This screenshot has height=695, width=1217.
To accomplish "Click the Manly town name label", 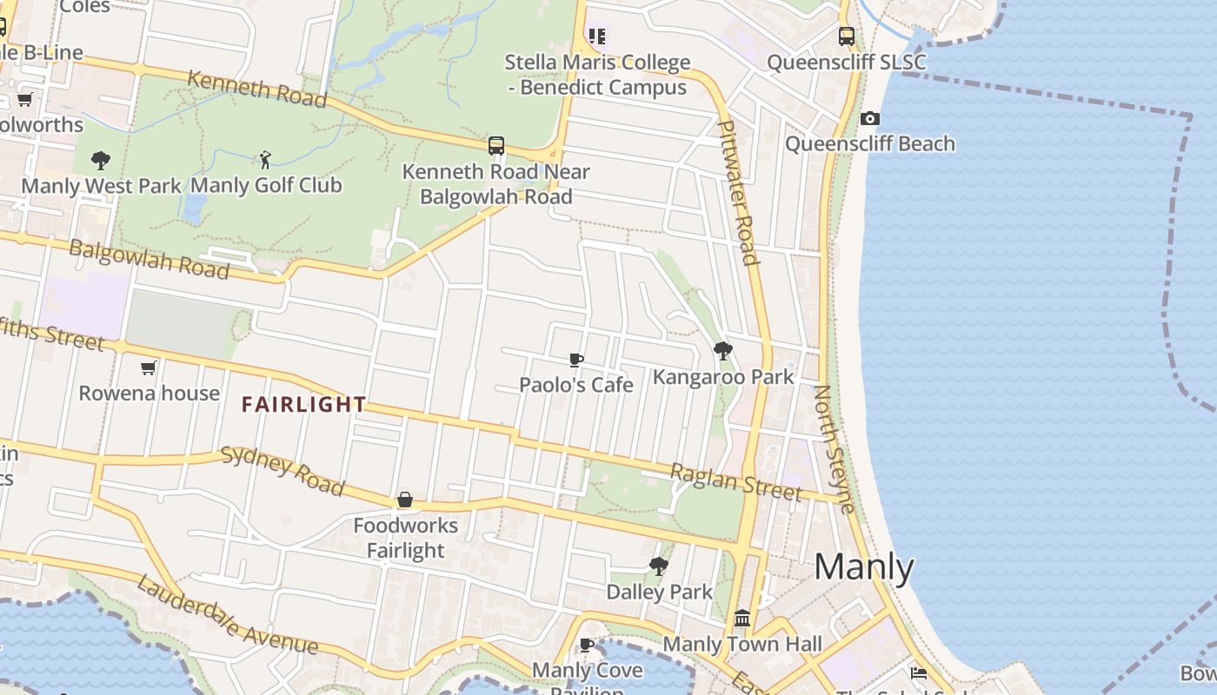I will pos(864,567).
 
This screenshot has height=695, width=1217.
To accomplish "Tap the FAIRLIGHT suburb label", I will pos(303,405).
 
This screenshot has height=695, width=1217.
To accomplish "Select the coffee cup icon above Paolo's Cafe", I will pos(575,360).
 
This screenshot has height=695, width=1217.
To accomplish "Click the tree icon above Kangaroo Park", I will pos(722,351).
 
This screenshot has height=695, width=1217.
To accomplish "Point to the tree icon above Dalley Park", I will pos(659,566).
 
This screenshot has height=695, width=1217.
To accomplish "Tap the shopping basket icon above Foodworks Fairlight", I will pos(405,500).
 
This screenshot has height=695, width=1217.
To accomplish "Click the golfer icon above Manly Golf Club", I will pos(266,160).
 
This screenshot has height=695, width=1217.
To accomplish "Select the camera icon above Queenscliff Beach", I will pos(869,118).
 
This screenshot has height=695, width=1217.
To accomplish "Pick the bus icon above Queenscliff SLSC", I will pos(846,36).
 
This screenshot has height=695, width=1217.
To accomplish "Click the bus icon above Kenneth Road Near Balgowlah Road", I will pos(496,146).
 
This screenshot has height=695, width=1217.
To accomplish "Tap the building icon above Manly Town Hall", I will pos(742,619).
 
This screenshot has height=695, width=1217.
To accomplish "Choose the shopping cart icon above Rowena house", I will pos(149,367).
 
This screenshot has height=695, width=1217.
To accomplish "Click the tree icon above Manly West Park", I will pos(101,160).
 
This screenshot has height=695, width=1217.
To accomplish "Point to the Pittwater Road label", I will pos(739,192).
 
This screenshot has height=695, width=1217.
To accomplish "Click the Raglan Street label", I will pos(735,482).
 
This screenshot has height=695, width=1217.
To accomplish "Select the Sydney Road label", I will pos(283,470).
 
